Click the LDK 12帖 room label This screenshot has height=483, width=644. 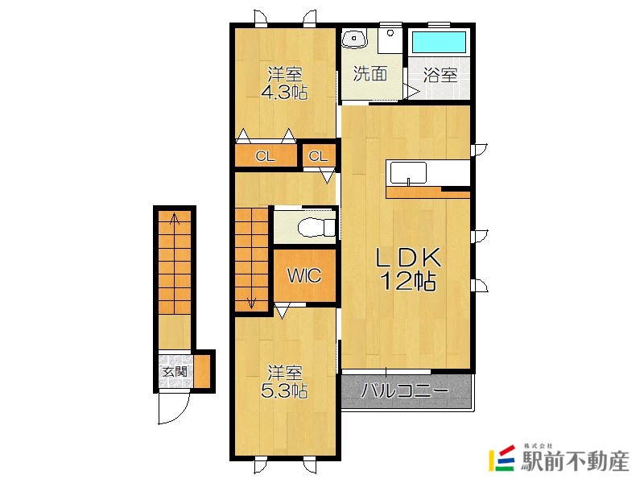pos(409,269)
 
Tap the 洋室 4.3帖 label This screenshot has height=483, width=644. pos(285,84)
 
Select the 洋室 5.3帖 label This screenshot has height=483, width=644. pos(285,382)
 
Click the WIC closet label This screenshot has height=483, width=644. pos(304,275)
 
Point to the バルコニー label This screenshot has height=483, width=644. pos(405,390)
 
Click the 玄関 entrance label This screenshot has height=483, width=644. pos(175,372)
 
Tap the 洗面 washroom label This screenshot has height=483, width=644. pos(370,74)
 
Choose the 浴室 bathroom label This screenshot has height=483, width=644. pos(440,76)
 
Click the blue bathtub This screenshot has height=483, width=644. pos(439,43)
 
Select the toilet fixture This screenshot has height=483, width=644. pos(316,228)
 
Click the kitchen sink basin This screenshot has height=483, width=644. pos(408,173)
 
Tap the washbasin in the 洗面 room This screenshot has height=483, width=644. pos(354,39)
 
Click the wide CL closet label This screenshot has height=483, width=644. pos(265,156)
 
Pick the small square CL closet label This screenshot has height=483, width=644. pos(318,156)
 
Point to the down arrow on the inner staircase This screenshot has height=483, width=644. pos(251,302)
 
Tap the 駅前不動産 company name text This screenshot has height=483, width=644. pos(575,461)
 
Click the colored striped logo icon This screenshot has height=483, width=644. pos(502,458)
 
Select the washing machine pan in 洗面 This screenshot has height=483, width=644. pos(390,39)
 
